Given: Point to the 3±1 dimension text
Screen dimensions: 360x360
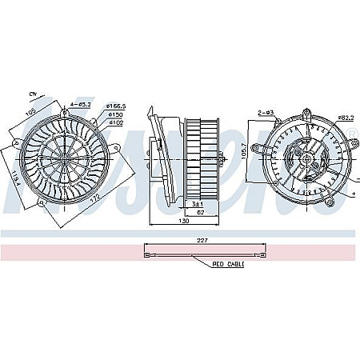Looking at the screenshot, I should (197, 204).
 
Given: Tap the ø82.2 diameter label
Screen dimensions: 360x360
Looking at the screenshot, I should (345, 118).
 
